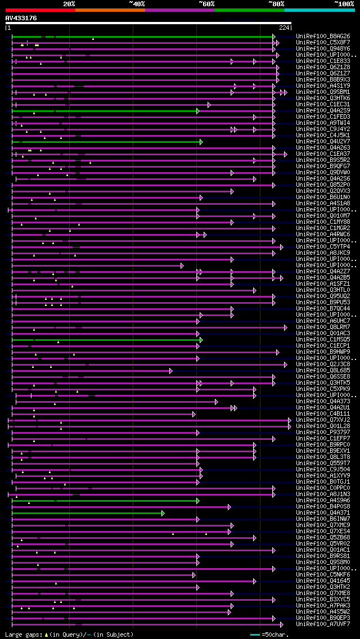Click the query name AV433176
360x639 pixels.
click(21, 18)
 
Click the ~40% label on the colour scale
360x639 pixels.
click(137, 4)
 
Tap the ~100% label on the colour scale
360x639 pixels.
click(344, 4)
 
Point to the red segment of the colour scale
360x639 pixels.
click(40, 10)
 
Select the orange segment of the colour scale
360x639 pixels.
click(110, 10)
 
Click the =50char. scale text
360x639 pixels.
click(275, 634)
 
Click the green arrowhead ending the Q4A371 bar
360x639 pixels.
click(163, 513)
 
